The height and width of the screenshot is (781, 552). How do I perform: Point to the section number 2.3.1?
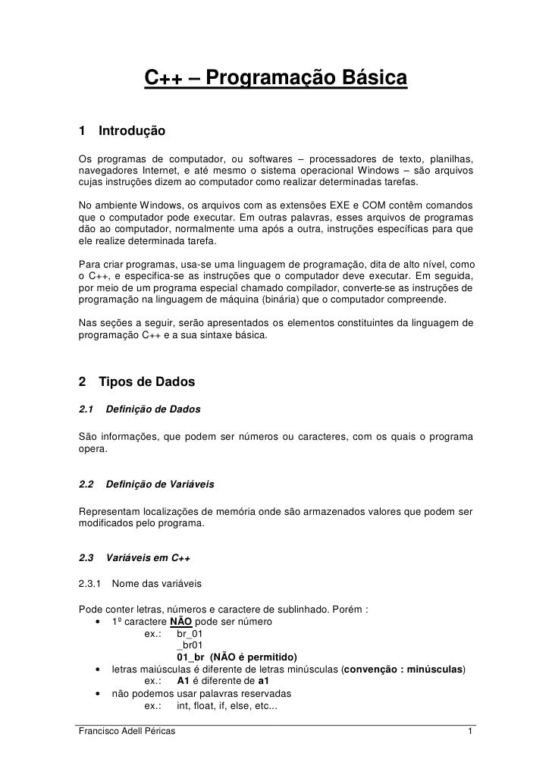click(x=89, y=584)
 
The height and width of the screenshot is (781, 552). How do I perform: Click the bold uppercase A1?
click(x=183, y=681)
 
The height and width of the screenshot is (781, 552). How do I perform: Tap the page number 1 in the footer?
click(x=471, y=732)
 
